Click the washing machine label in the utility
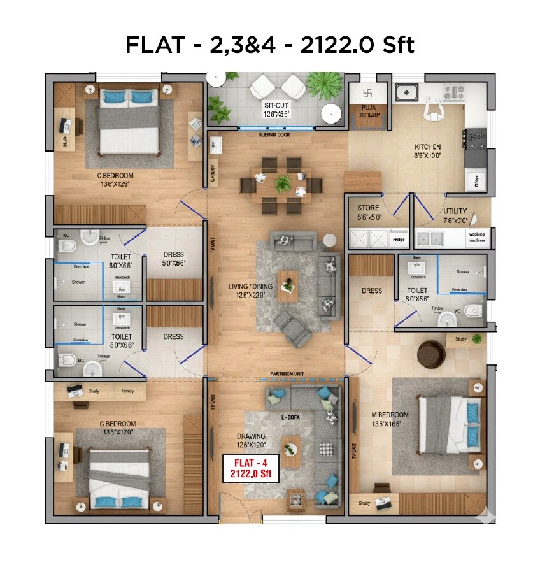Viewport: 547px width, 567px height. [x=476, y=238]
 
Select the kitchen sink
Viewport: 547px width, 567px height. [x=405, y=93]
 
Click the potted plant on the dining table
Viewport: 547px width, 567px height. [x=281, y=183]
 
